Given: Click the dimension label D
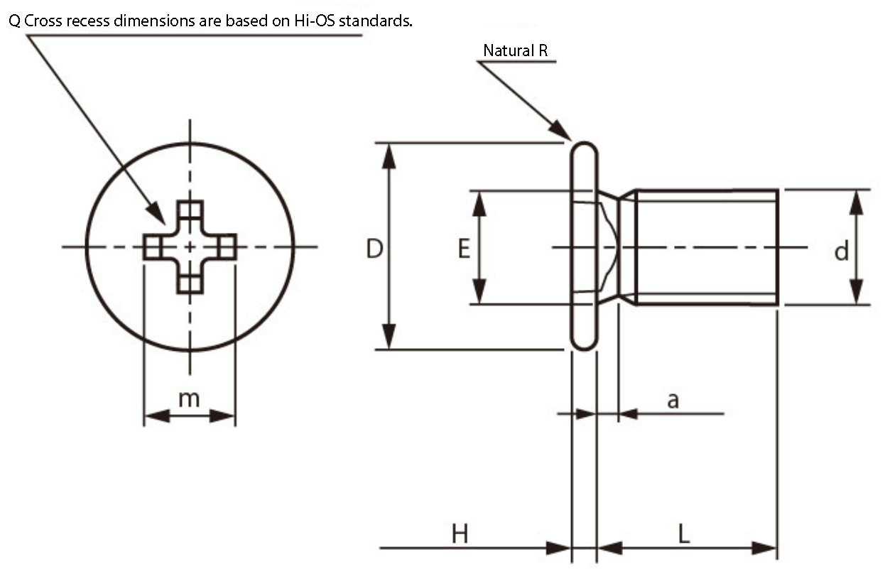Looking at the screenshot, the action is tap(374, 249).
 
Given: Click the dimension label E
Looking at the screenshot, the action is tap(464, 249).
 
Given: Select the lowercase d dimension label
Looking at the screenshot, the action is tap(841, 251).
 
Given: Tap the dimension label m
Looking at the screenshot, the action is tap(189, 399).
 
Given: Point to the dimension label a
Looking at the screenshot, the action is tap(673, 401).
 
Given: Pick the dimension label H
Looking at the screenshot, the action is tap(460, 533).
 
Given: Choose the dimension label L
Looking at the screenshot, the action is tap(684, 533).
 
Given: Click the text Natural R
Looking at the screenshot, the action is tap(516, 50).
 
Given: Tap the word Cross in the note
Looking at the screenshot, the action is tap(43, 21).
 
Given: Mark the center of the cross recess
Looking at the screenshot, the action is tap(190, 247).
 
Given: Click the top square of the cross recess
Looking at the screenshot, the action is tap(190, 210).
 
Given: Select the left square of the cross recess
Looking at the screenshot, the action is tap(153, 247).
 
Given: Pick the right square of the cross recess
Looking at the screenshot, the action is tap(227, 247).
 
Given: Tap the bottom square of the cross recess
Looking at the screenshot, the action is tap(190, 284).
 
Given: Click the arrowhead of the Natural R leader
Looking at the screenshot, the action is tap(562, 131).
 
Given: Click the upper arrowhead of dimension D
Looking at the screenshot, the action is tap(389, 156).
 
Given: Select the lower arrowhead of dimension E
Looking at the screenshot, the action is tap(479, 291).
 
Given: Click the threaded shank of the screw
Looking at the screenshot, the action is tap(707, 247).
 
